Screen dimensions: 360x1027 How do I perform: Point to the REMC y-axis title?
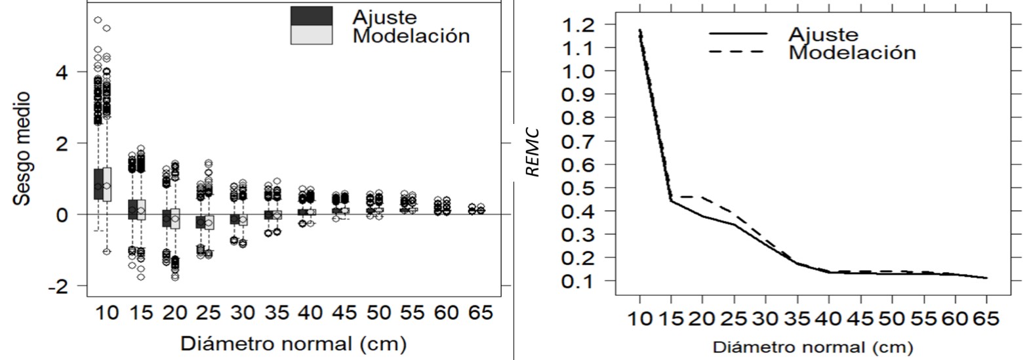pos(533,152)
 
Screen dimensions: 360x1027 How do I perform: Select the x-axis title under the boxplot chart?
pos(293,343)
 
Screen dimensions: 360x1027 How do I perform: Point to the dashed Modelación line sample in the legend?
pos(737,51)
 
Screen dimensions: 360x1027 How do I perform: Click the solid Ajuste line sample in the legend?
pos(737,33)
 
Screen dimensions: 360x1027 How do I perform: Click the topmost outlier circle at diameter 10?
pos(98,20)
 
